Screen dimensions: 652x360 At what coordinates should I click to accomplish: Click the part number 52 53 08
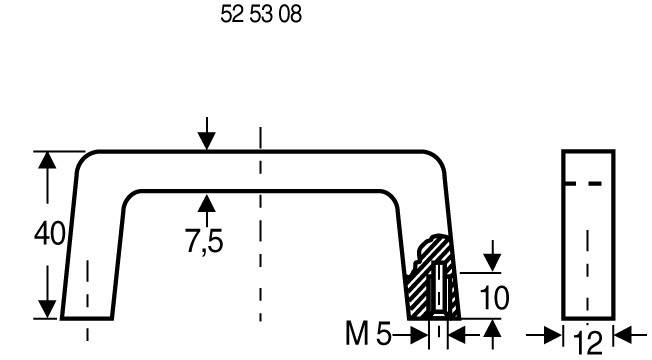pos(260,17)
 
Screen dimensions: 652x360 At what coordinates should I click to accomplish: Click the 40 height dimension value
pos(49,235)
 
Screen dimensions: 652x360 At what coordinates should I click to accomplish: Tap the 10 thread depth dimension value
pos(494,297)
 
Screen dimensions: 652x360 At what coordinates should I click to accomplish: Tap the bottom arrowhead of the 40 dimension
pos(45,308)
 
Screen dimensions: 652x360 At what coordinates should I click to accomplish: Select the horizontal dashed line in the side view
pos(587,184)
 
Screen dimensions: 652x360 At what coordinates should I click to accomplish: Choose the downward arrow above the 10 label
pos(492,262)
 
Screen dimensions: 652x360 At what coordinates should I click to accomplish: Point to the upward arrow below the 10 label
pos(492,329)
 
